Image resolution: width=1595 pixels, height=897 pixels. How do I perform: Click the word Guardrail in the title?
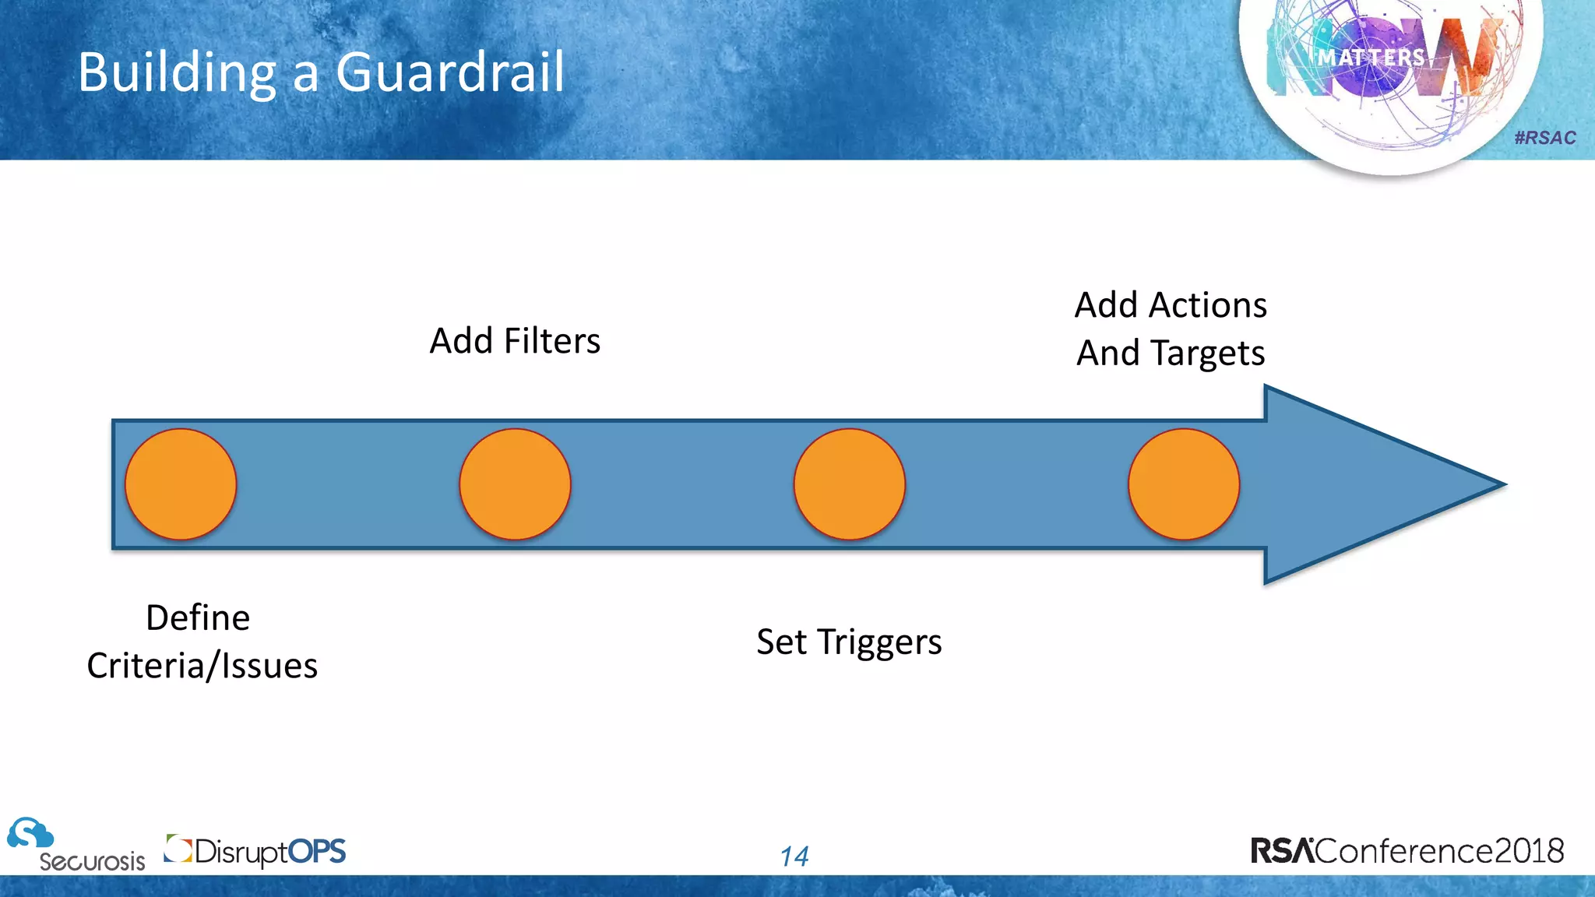click(x=449, y=72)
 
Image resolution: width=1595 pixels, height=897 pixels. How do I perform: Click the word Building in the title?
click(x=177, y=72)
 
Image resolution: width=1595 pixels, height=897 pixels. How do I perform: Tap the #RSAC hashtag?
click(x=1544, y=138)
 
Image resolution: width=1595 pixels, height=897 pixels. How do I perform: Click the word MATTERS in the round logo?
click(x=1371, y=58)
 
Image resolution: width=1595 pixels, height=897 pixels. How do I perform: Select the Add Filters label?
click(x=515, y=341)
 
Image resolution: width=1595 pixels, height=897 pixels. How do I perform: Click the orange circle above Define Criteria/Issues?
click(x=181, y=484)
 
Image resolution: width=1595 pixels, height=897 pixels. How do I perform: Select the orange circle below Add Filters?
click(x=515, y=484)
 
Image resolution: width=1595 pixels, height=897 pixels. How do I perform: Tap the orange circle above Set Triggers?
click(x=849, y=484)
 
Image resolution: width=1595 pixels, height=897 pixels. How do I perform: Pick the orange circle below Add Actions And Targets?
click(x=1183, y=484)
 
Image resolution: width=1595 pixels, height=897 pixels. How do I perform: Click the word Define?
click(x=198, y=618)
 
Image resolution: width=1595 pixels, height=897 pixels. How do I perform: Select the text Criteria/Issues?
click(x=202, y=667)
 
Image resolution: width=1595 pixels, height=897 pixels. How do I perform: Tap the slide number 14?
click(x=794, y=857)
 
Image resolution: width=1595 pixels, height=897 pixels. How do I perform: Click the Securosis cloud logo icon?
click(x=30, y=834)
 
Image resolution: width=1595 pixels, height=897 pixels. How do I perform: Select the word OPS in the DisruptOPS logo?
click(x=316, y=851)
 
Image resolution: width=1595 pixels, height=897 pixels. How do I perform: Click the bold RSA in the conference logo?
click(x=1282, y=851)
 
